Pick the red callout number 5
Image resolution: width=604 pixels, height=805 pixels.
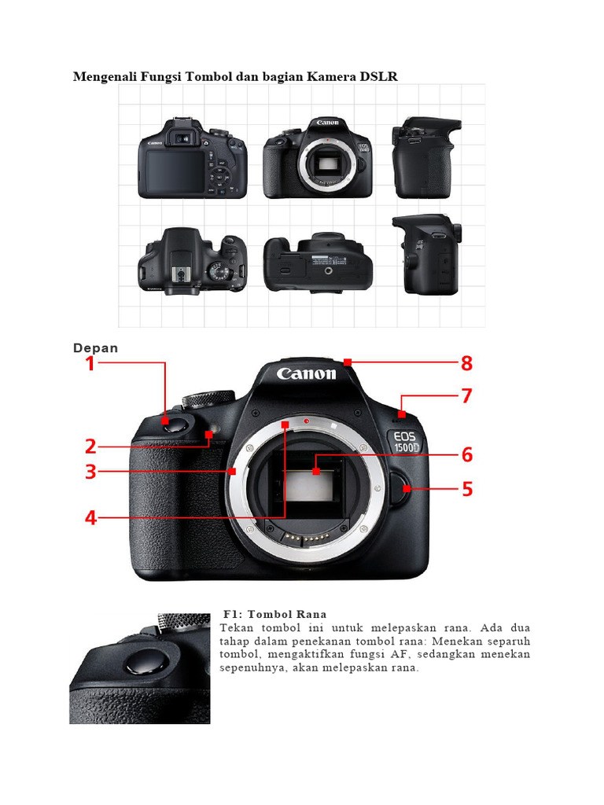pyautogui.click(x=467, y=490)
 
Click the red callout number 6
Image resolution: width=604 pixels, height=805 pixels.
pyautogui.click(x=467, y=454)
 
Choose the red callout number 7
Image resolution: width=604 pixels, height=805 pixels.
pyautogui.click(x=467, y=396)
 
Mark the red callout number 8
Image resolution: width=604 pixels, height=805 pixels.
pyautogui.click(x=467, y=363)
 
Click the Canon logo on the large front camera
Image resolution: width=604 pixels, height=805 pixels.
pyautogui.click(x=306, y=373)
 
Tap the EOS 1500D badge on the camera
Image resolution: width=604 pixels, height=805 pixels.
pyautogui.click(x=408, y=441)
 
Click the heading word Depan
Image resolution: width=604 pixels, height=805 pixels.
pyautogui.click(x=95, y=348)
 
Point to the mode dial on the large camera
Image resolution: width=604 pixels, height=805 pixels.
pyautogui.click(x=208, y=398)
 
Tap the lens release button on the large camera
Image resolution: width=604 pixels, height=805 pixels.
pyautogui.click(x=402, y=491)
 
